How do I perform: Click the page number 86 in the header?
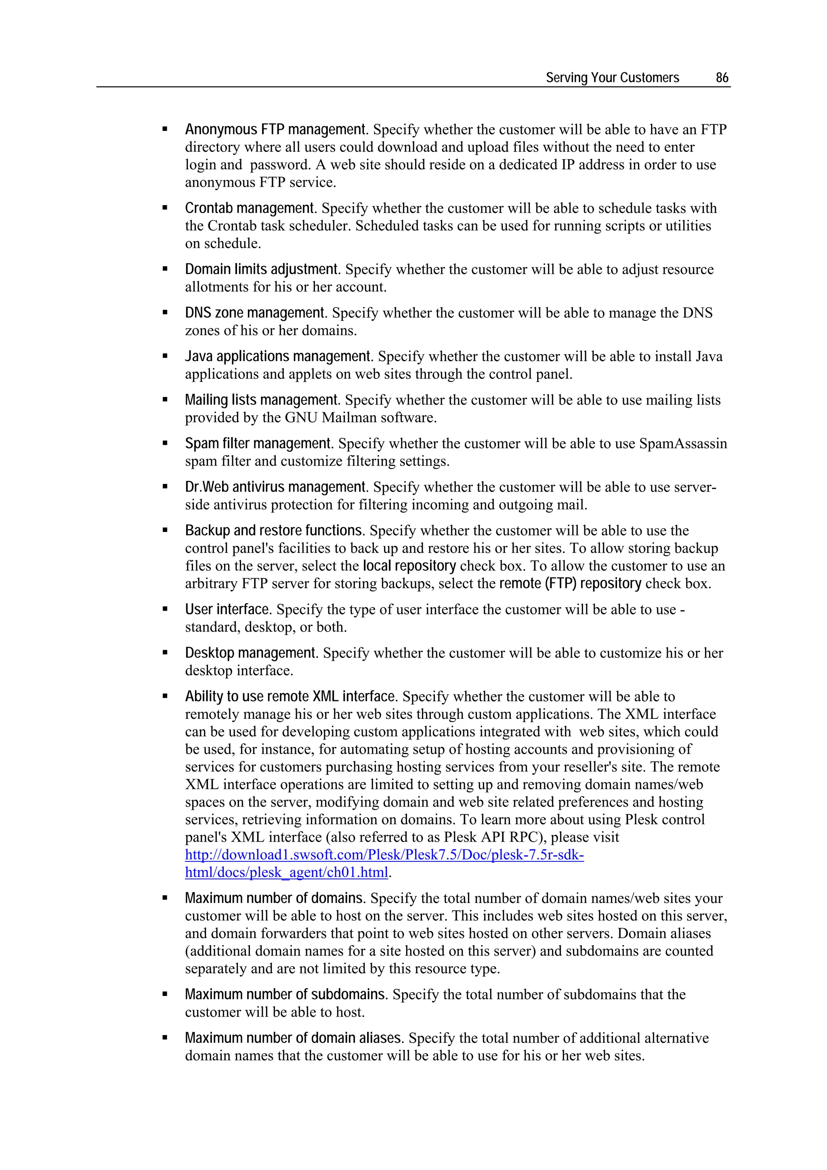[x=722, y=78]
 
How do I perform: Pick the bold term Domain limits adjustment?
[x=261, y=269]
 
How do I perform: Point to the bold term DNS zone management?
[x=255, y=313]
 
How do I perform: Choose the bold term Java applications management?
[x=278, y=356]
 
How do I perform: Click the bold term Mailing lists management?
[x=261, y=400]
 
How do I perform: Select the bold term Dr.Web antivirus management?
[x=275, y=487]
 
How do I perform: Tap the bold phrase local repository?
[x=409, y=566]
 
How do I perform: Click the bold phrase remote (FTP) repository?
[x=570, y=584]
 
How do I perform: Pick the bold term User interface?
[x=227, y=609]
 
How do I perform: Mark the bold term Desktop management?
[x=251, y=653]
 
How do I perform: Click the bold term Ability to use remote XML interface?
[x=290, y=697]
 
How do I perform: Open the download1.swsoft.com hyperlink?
[x=384, y=855]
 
